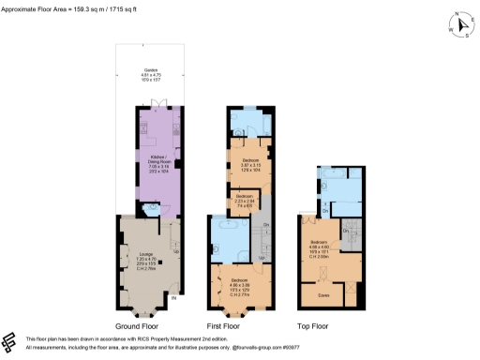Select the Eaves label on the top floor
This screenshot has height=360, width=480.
point(324,293)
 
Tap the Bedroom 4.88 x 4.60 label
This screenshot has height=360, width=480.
point(321,246)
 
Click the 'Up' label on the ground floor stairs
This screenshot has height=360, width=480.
point(175,250)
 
